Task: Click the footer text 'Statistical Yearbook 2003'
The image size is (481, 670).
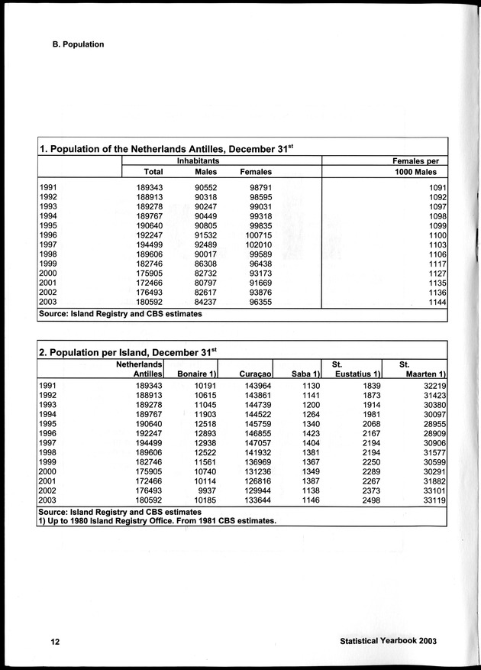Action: coord(391,642)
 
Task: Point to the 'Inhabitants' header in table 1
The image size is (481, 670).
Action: coord(199,161)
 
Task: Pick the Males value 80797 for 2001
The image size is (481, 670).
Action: coord(202,281)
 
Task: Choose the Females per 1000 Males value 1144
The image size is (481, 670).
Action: coord(437,302)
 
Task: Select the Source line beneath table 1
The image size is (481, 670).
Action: coord(120,314)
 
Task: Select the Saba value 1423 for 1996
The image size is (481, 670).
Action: coord(308,431)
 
